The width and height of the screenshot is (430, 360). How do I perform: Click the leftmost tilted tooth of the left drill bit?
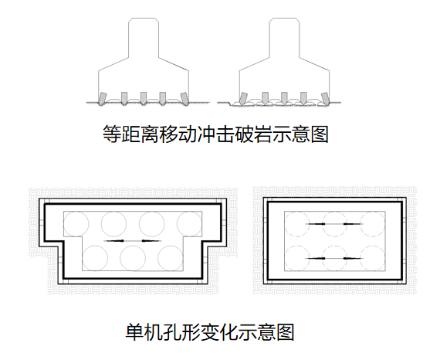(x=103, y=99)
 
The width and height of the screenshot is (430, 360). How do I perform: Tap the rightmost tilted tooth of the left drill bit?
(x=185, y=99)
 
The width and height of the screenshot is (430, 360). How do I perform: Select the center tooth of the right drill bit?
(x=284, y=99)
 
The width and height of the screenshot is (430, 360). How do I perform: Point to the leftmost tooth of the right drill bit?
(x=243, y=99)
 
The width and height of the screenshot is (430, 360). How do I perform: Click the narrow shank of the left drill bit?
(x=144, y=38)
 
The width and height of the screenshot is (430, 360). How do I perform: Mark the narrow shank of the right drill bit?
(x=284, y=38)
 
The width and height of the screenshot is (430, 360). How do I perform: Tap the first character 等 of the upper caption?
(x=112, y=134)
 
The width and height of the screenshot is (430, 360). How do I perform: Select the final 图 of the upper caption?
(x=319, y=134)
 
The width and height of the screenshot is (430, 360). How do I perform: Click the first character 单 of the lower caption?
(x=134, y=332)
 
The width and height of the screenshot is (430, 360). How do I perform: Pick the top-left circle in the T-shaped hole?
(x=76, y=224)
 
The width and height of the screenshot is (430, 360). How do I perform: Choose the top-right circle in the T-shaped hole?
(x=189, y=224)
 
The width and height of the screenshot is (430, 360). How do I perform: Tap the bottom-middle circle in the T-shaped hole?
(x=133, y=258)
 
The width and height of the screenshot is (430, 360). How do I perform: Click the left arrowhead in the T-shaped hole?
(x=115, y=241)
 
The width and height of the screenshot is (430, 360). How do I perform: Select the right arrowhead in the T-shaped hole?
(x=151, y=241)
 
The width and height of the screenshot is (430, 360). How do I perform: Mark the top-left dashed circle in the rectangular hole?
(x=297, y=224)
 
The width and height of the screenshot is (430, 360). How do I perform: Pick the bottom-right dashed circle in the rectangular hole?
(x=373, y=258)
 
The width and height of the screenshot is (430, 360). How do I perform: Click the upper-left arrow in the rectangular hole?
(x=316, y=224)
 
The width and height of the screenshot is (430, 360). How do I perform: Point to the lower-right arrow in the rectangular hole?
(x=353, y=258)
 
